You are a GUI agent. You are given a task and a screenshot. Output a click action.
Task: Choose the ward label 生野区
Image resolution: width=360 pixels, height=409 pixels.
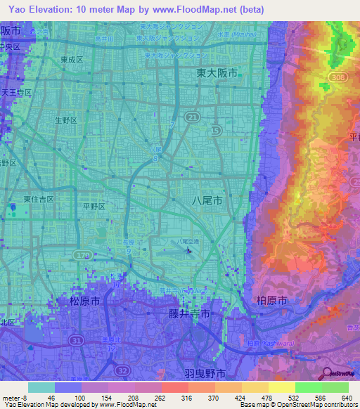pyautogui.click(x=69, y=120)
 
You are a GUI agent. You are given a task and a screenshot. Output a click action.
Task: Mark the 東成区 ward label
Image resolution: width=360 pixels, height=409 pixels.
pyautogui.click(x=71, y=60)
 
